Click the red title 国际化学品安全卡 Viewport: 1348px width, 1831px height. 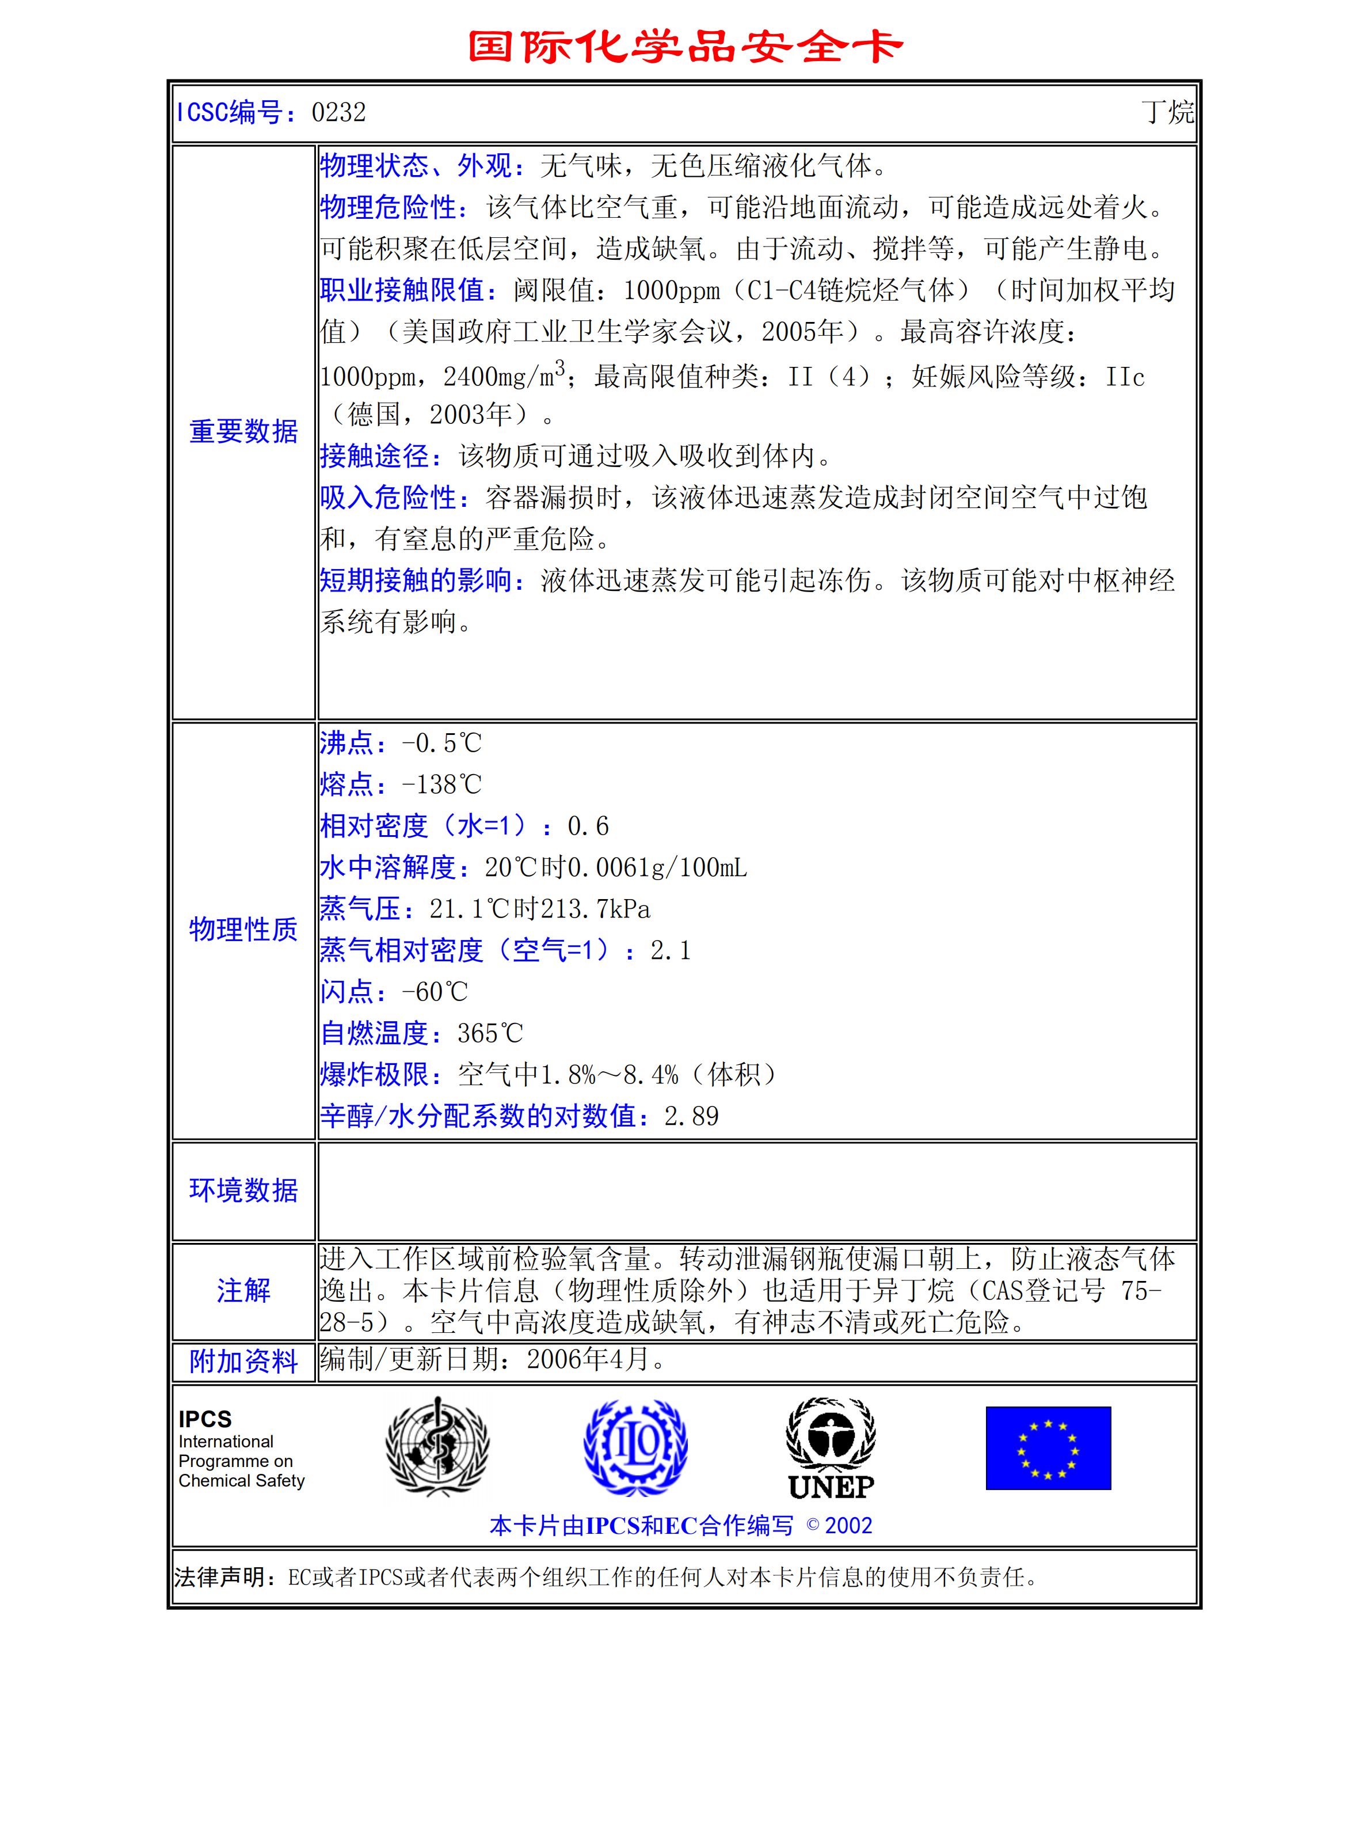(686, 47)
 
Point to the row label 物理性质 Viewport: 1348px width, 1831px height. (243, 929)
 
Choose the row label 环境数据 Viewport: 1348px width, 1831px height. (243, 1190)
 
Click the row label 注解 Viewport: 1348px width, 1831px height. (243, 1291)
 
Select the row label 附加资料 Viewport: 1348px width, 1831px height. (243, 1362)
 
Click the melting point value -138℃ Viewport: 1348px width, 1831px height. (441, 784)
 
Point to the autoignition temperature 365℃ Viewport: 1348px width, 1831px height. (490, 1033)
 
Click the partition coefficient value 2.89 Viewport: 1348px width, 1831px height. (691, 1116)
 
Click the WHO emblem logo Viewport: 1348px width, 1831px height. (437, 1446)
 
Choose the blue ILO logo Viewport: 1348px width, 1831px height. (635, 1447)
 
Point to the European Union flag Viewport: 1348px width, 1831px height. (1048, 1448)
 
